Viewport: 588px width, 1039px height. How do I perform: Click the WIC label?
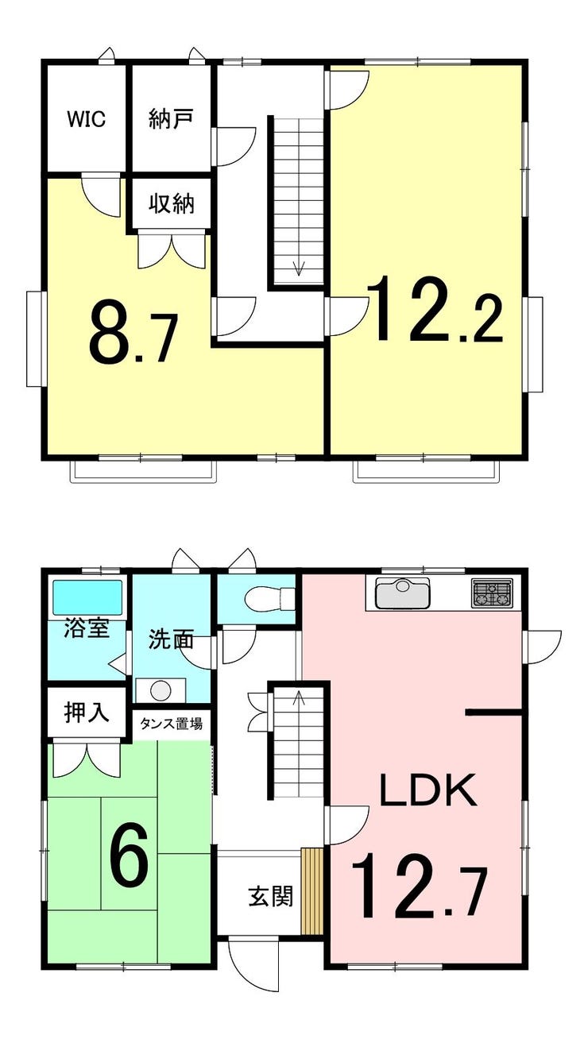87,119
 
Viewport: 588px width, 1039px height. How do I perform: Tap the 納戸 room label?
171,119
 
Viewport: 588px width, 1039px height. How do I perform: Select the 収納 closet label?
172,203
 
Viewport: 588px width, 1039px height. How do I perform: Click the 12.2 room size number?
435,309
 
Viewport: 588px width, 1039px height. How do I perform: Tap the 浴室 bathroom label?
87,628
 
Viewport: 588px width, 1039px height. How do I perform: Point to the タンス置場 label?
171,723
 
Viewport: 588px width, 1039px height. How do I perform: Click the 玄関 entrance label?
271,896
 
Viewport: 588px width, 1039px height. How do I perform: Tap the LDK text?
428,790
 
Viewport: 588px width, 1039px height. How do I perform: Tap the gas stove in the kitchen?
492,593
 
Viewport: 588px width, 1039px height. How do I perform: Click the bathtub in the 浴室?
87,597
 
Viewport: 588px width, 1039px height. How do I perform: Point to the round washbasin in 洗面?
161,690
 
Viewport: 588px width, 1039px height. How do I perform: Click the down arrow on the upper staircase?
297,266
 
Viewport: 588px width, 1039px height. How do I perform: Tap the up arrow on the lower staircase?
297,698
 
